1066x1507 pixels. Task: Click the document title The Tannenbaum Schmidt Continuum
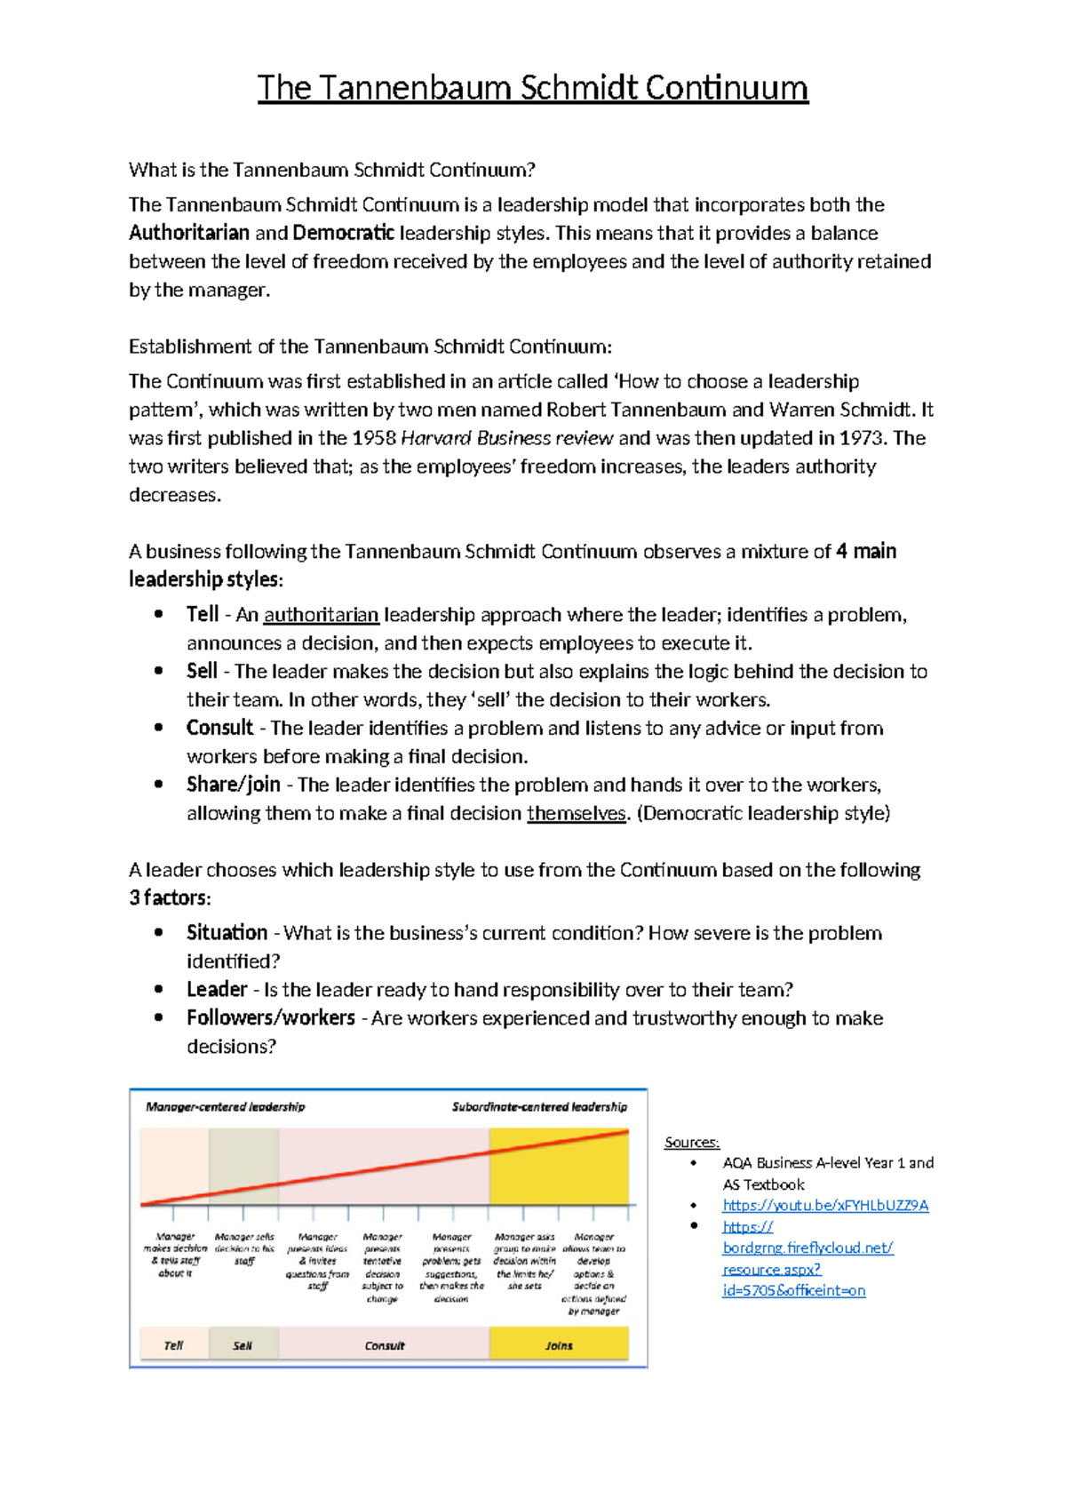point(533,88)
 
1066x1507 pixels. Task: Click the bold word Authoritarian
point(189,233)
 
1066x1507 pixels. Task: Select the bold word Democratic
point(343,233)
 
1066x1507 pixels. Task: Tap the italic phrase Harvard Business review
point(507,438)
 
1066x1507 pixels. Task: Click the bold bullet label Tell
point(203,614)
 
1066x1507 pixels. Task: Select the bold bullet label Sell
point(202,671)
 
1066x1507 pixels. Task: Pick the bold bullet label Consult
point(219,728)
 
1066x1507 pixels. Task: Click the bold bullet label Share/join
point(233,785)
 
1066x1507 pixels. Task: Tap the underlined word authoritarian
point(322,615)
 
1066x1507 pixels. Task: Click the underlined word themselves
point(577,813)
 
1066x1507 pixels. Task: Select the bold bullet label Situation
point(227,932)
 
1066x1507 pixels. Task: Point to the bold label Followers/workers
point(271,1017)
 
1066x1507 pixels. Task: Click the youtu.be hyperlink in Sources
point(825,1205)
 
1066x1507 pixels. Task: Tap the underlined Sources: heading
point(692,1142)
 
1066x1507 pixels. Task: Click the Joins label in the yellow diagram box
point(559,1345)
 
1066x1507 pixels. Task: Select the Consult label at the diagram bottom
point(385,1345)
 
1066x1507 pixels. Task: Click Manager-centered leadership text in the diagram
point(225,1107)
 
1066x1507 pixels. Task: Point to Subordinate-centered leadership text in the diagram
point(539,1107)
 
